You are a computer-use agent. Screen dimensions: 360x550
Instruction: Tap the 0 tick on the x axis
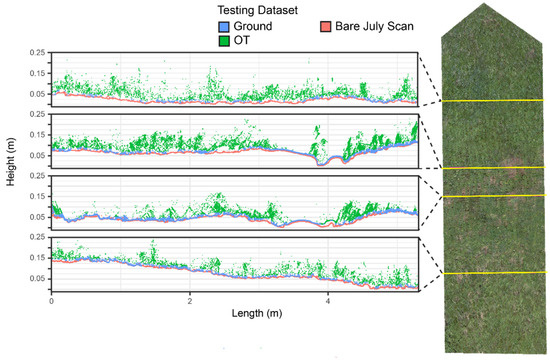pos(51,299)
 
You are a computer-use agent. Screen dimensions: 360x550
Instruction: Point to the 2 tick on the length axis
pos(189,299)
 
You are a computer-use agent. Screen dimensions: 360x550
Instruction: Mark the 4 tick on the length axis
pos(328,299)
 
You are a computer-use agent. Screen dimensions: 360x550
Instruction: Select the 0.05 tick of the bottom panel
pos(37,279)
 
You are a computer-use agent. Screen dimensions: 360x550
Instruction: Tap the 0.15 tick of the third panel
pos(37,197)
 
